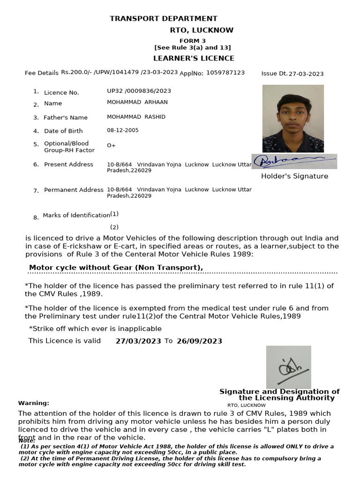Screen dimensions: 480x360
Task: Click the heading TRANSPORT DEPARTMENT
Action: (x=163, y=19)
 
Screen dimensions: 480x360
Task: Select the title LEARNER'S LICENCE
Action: (x=194, y=59)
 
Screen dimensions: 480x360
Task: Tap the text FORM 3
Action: (x=193, y=41)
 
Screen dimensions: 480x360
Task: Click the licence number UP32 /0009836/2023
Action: (x=139, y=91)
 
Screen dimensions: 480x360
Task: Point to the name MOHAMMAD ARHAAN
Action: (x=137, y=102)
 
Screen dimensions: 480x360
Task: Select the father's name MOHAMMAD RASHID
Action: (x=136, y=117)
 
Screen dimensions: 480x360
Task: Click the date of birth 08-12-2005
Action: (x=123, y=130)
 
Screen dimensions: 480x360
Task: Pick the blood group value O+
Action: (x=111, y=145)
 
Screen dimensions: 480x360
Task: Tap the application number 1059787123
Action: (x=225, y=73)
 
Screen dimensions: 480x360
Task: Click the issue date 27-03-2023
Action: (x=306, y=74)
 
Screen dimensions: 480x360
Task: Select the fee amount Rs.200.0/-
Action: (x=77, y=73)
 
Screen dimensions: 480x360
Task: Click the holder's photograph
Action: (x=293, y=118)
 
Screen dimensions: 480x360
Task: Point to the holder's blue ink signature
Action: (x=294, y=161)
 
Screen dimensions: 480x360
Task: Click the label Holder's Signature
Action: (x=294, y=176)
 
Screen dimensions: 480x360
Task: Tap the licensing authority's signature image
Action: (x=288, y=367)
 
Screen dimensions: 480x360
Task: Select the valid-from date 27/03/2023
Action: (x=138, y=341)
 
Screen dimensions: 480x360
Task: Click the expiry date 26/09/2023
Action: (x=199, y=341)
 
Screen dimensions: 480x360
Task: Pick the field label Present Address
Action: (x=68, y=165)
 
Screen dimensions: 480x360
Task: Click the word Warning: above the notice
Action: (x=33, y=403)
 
